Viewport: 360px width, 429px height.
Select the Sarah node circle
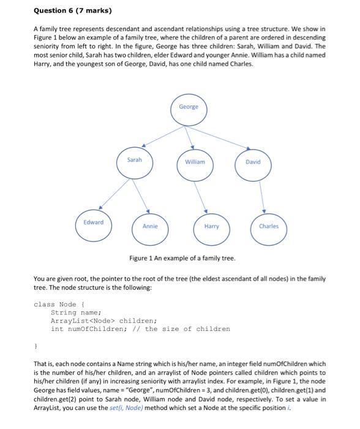point(134,162)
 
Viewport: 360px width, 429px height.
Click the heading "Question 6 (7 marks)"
point(69,11)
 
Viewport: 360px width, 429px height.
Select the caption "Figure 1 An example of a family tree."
point(182,258)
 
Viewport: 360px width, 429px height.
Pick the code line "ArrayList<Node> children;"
point(104,321)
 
